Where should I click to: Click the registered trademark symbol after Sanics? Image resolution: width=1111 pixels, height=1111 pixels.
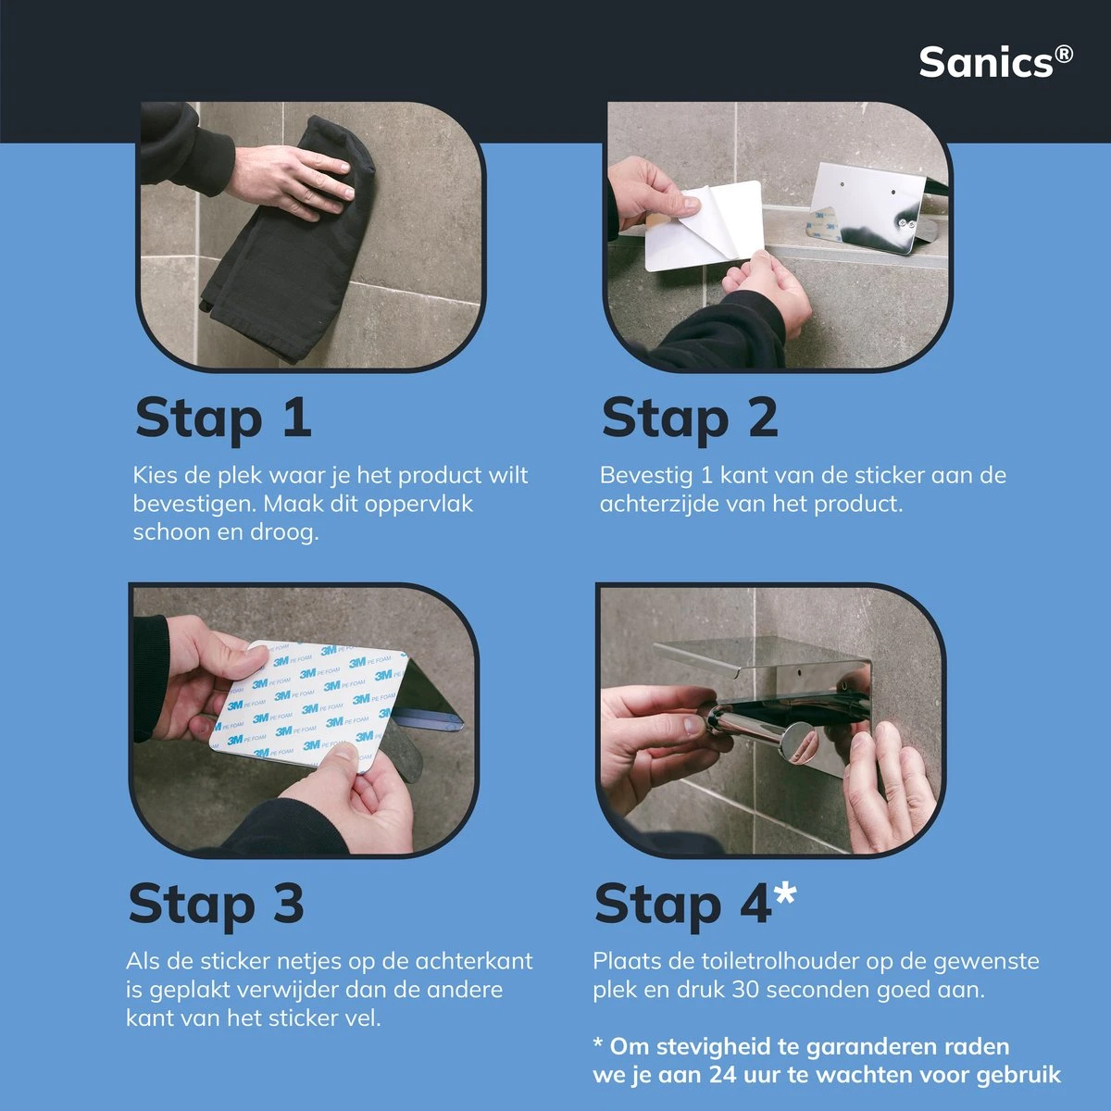point(1064,54)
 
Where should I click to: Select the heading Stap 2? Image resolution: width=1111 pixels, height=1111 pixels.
point(689,418)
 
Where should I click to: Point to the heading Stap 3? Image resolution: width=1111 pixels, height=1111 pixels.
point(216,903)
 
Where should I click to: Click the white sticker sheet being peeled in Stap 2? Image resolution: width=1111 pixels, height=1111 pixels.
point(704,227)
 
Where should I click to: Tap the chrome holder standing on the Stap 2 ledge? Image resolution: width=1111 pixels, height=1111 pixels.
point(866,208)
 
